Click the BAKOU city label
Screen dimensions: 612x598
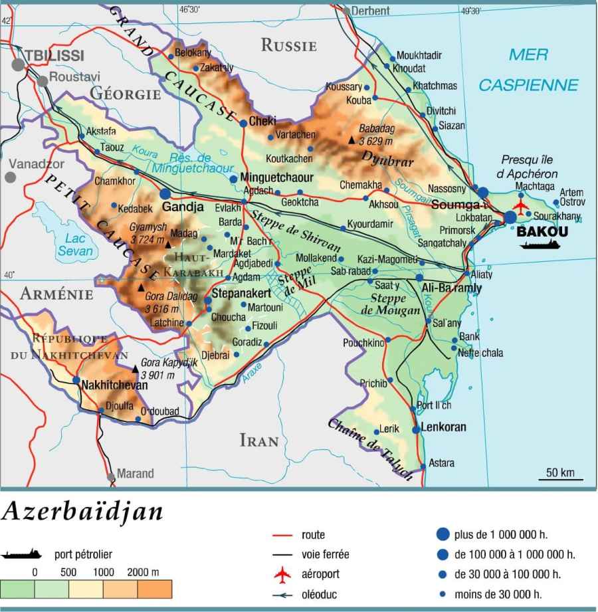[x=542, y=232]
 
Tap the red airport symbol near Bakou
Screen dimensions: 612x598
[x=521, y=205]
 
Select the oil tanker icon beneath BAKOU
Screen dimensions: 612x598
[x=540, y=245]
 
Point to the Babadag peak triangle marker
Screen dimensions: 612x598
[x=351, y=140]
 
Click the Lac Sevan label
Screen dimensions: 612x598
[x=75, y=245]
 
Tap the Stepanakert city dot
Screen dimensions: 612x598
[x=208, y=300]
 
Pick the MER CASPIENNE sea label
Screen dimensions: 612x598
[x=528, y=70]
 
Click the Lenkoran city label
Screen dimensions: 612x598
[x=444, y=427]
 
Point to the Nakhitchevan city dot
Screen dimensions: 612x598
[x=76, y=381]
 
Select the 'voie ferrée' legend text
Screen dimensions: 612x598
[x=325, y=554]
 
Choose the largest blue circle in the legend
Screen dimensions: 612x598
[x=443, y=534]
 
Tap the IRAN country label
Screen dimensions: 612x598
[x=258, y=441]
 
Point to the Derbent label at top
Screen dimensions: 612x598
[x=370, y=11]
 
